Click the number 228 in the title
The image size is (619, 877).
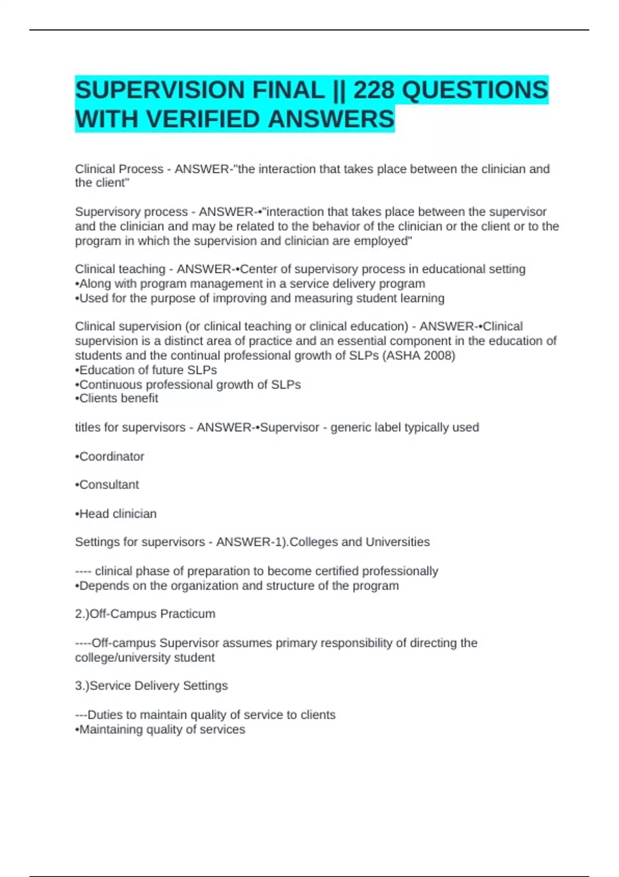373,90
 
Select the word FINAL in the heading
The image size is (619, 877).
288,90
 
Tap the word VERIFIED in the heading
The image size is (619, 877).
204,119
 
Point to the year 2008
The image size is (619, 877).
437,355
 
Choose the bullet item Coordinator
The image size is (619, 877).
111,457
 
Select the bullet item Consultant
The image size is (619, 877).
109,485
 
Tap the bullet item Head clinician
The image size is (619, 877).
118,514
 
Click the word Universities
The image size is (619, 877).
397,542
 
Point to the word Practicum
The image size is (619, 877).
188,614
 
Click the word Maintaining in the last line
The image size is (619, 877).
111,729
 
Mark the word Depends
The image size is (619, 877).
103,586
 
